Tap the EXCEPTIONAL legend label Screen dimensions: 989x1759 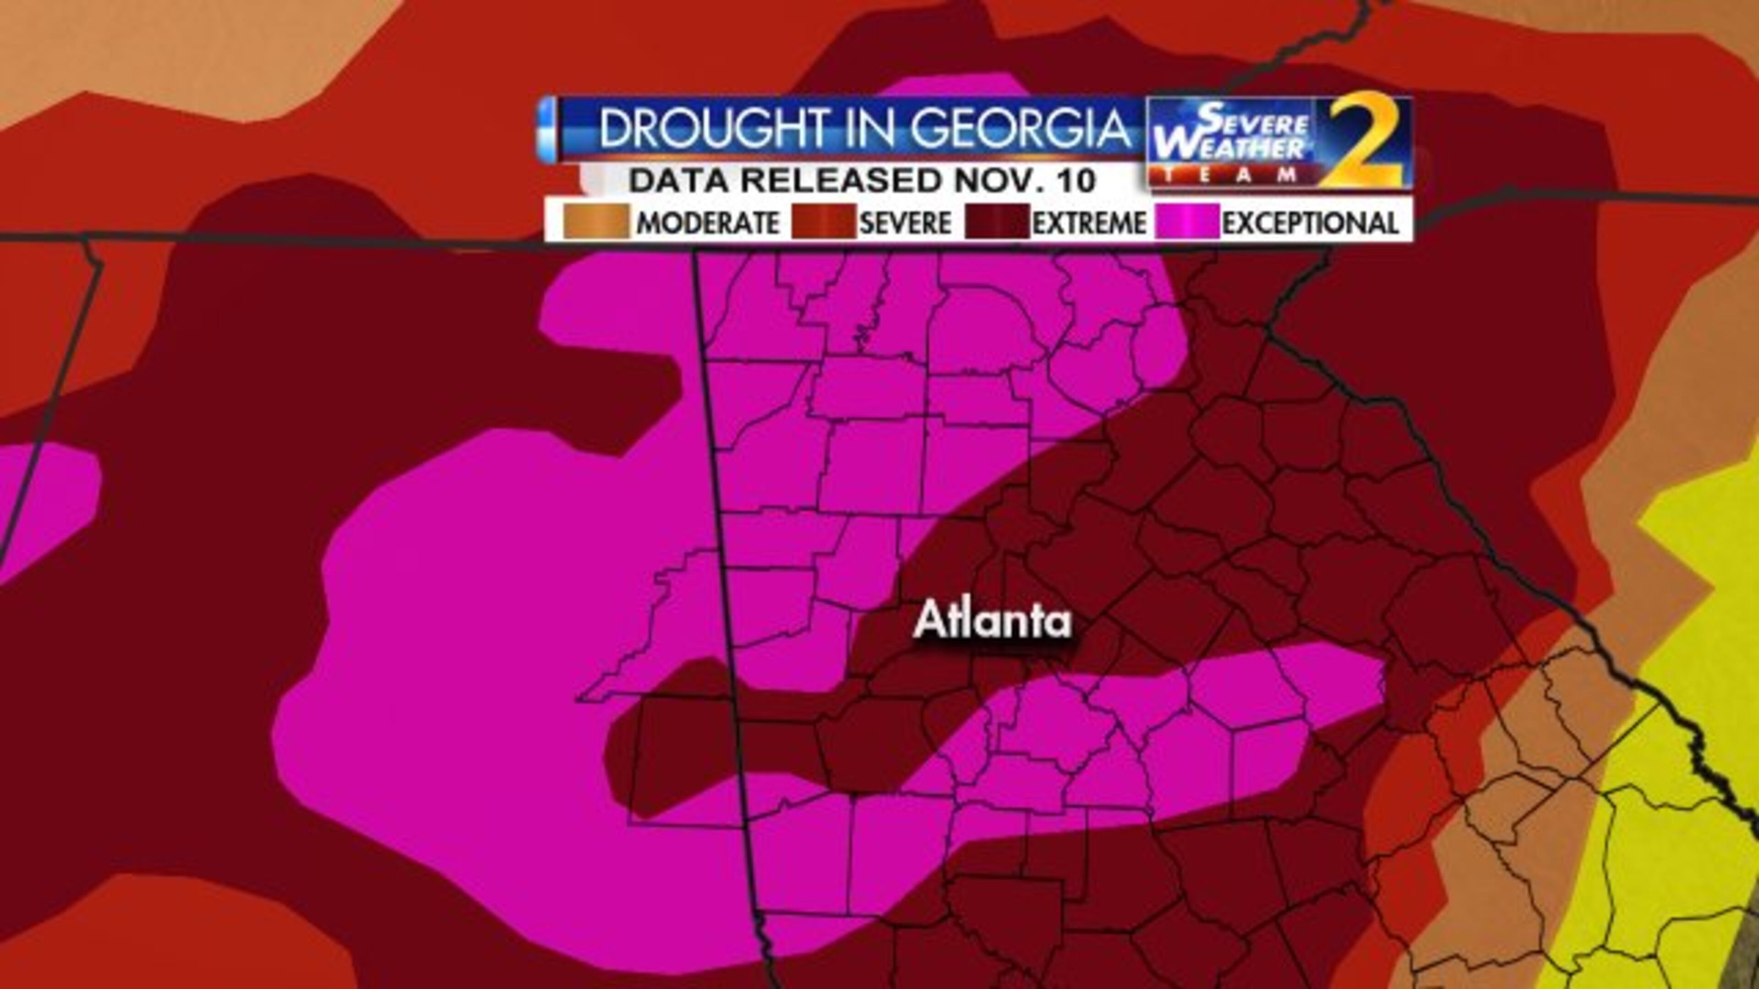click(x=1310, y=223)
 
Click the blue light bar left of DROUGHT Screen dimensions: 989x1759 click(x=547, y=130)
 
